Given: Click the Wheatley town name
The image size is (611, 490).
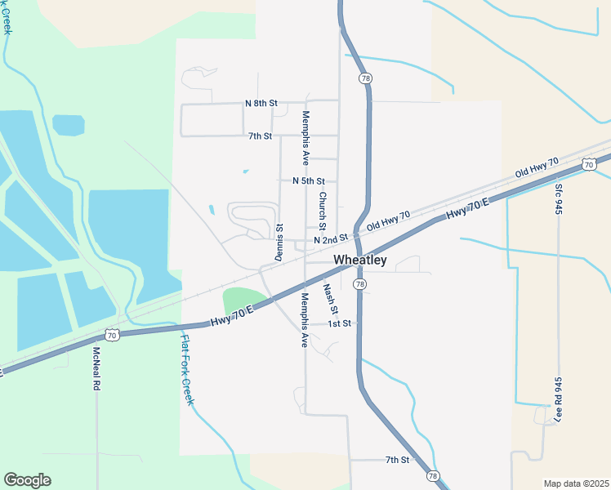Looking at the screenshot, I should pos(360,261).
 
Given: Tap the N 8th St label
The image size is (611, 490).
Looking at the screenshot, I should pos(261,104).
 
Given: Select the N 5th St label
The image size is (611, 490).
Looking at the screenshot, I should pos(308,180).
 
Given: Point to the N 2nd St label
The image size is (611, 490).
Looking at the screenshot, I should pos(330,239).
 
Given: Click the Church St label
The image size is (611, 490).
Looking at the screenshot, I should pos(323,211).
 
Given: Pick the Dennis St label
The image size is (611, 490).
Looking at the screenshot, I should pos(279,243).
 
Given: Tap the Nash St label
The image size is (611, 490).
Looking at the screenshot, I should pos(329,298).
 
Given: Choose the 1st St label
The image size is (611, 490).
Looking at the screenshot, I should pos(339,323).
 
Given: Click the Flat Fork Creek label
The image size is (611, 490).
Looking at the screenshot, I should pos(187,370).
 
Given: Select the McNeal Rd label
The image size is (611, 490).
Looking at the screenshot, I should pos(96,367).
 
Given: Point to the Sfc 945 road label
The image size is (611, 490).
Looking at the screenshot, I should pos(559,198).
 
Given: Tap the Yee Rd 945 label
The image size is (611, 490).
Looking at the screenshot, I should pos(559,398).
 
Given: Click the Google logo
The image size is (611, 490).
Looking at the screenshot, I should pos(27,480).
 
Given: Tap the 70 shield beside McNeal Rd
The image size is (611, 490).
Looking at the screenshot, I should pos(112,335).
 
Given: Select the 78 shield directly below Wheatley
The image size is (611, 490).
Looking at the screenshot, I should pos(359,283).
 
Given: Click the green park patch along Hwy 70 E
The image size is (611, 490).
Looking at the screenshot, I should pos(243,299).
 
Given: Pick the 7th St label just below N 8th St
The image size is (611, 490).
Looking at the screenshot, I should pos(260,135).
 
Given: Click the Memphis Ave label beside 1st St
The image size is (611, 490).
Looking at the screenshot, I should pos(304,319).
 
